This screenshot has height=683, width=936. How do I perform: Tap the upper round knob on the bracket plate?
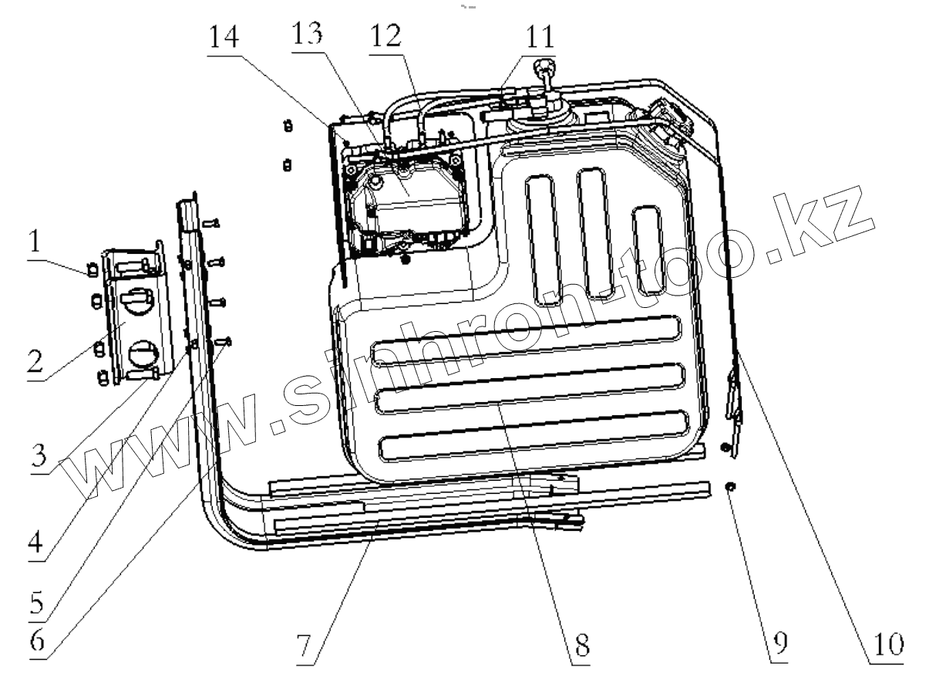139,301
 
